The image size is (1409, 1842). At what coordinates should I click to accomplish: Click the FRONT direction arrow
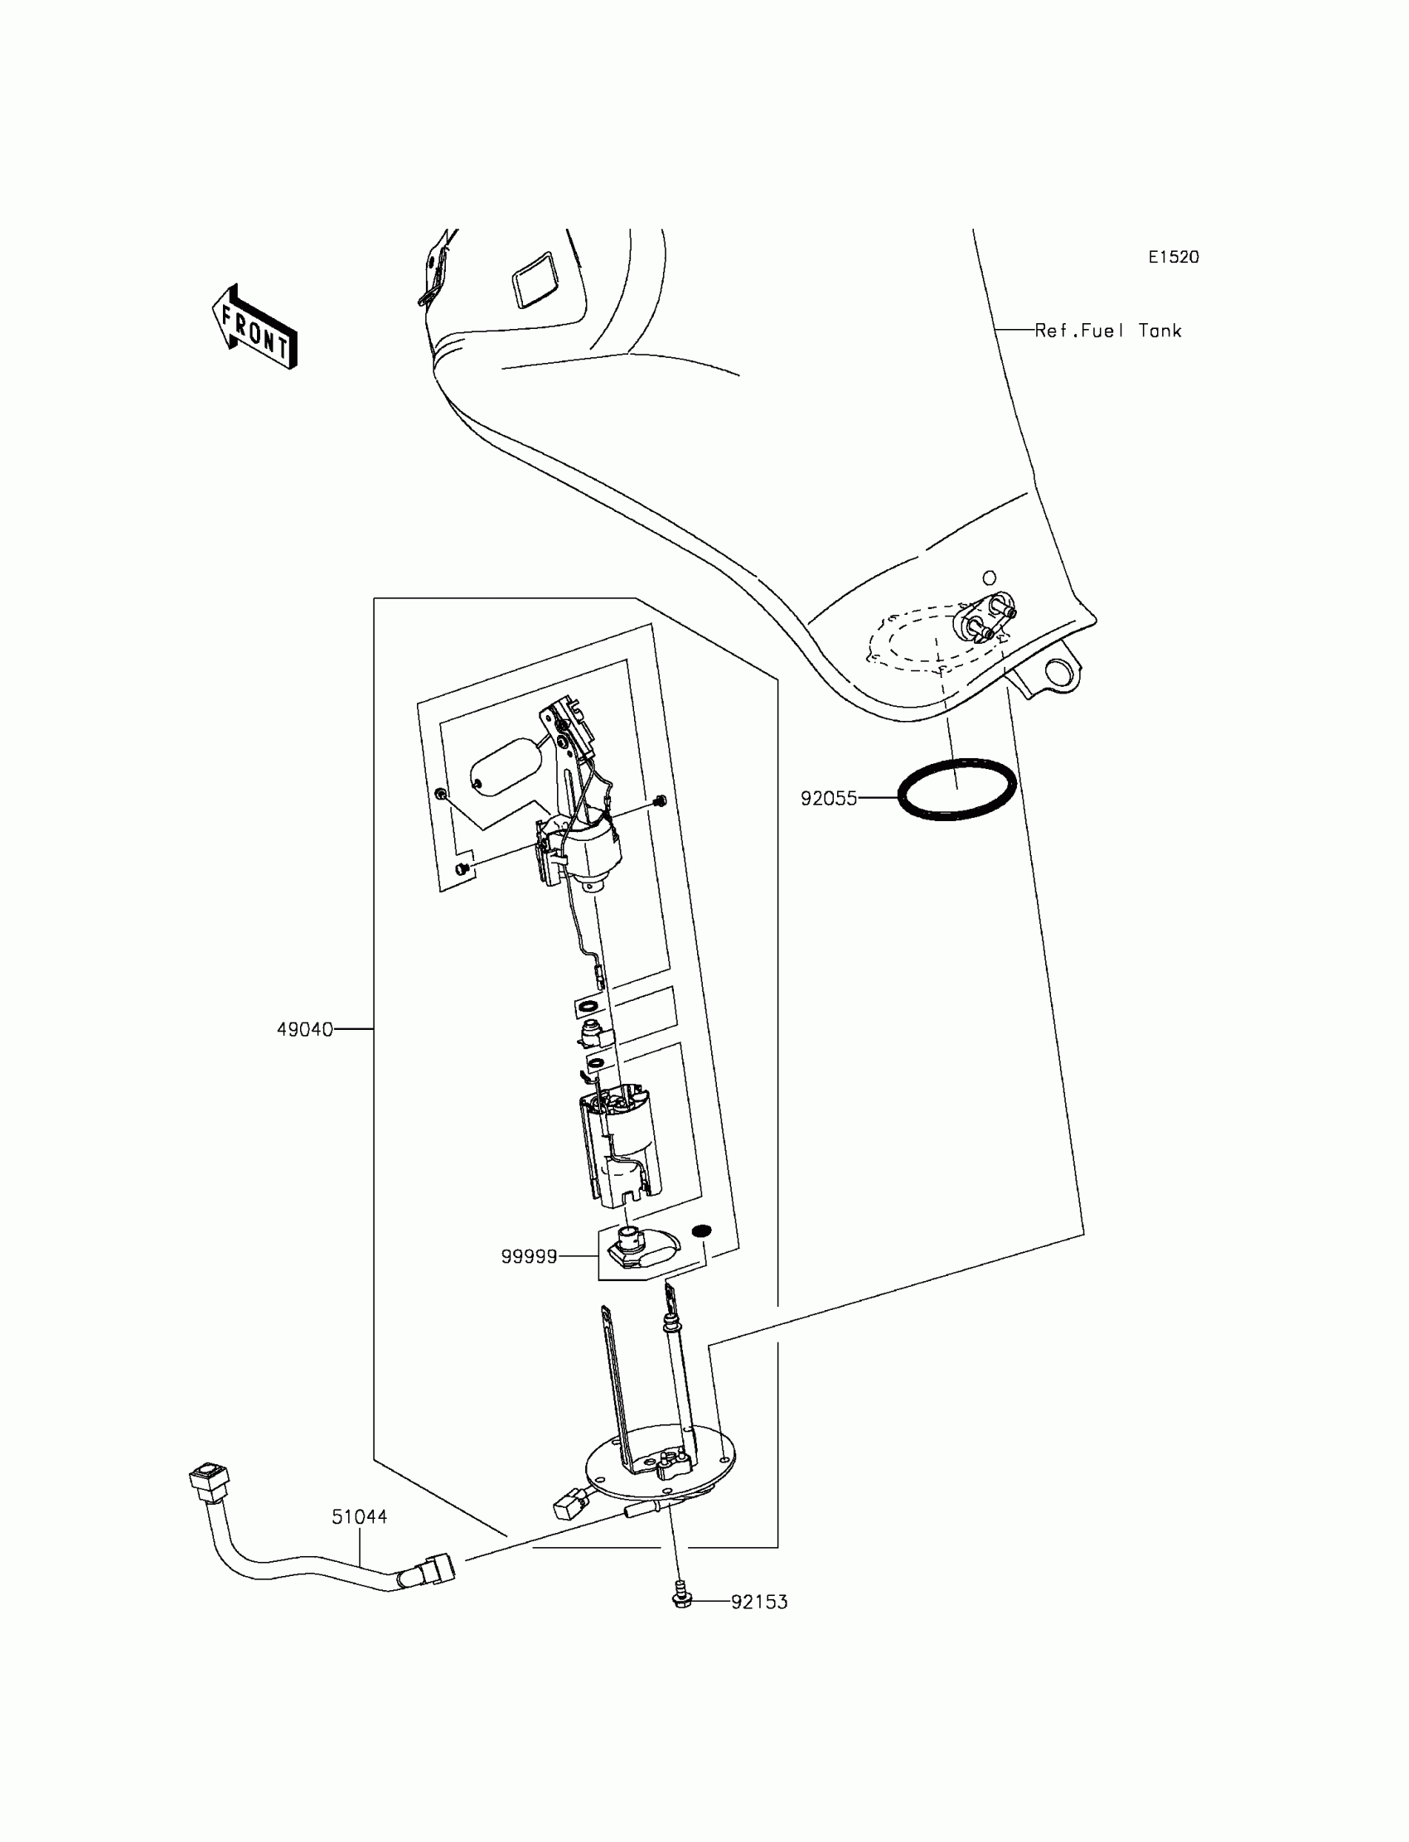click(255, 327)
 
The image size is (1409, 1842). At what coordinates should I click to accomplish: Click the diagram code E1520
click(1174, 258)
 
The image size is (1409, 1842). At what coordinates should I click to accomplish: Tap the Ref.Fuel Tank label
click(1107, 331)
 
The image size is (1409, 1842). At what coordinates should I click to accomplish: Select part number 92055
click(829, 799)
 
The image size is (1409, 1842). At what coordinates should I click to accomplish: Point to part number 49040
click(305, 1030)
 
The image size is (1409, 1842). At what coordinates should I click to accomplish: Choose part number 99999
click(530, 1257)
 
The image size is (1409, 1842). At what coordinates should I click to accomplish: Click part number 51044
click(359, 1516)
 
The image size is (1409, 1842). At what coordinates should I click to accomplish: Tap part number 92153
click(759, 1603)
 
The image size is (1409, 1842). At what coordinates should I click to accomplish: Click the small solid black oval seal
click(701, 1230)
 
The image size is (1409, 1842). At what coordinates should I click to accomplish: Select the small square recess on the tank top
click(538, 279)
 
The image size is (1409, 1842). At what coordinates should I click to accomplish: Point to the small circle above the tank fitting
click(990, 578)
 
